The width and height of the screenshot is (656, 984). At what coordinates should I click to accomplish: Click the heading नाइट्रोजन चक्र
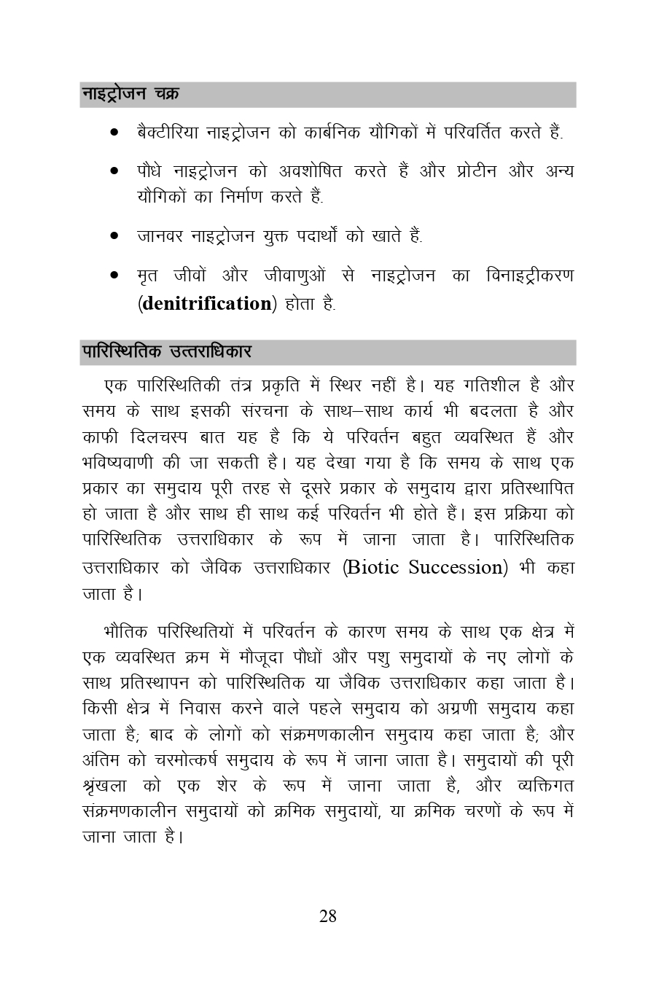(130, 95)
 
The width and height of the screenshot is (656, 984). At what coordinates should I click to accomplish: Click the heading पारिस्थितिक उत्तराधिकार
(167, 352)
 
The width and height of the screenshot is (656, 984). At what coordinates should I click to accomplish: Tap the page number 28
(328, 916)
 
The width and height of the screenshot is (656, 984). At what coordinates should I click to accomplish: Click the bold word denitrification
(206, 303)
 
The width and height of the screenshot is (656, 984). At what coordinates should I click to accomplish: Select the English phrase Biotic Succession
(426, 567)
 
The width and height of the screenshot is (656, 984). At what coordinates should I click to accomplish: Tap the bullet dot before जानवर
(114, 236)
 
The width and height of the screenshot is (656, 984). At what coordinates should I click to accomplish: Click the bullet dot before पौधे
(114, 172)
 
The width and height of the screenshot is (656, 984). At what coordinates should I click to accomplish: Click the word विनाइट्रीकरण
(528, 276)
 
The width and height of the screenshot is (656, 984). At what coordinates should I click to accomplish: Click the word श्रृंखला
(108, 786)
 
